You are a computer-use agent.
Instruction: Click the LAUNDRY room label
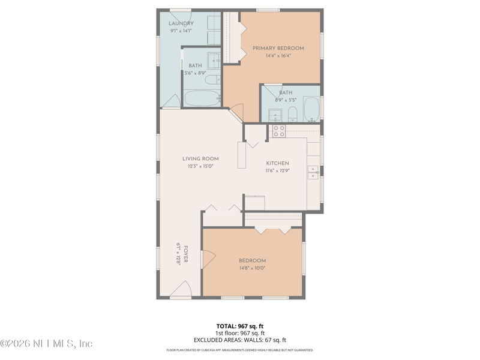tap(181, 23)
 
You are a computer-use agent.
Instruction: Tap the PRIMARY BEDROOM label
tap(278, 48)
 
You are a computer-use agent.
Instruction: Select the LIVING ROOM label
tap(200, 158)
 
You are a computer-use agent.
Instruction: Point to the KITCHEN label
tap(277, 163)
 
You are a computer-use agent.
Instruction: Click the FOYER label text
tap(185, 254)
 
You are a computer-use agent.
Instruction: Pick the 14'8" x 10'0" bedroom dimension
tap(252, 268)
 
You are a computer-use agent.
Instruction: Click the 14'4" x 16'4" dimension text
tap(278, 56)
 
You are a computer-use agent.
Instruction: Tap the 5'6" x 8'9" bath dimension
tap(196, 73)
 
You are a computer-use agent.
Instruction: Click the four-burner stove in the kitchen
tap(279, 131)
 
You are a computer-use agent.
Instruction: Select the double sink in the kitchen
tap(313, 173)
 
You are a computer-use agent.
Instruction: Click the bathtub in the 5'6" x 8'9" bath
tap(202, 98)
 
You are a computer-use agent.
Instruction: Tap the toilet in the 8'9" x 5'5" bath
tap(293, 114)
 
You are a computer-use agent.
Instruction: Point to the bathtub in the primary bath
tap(311, 109)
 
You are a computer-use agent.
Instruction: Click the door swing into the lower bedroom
tap(209, 259)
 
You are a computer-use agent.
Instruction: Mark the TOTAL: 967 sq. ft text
tap(240, 326)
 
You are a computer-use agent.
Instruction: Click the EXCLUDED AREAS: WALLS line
tap(240, 340)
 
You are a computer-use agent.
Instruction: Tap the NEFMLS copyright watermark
tap(46, 343)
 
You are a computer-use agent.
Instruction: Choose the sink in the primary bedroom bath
tap(275, 115)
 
